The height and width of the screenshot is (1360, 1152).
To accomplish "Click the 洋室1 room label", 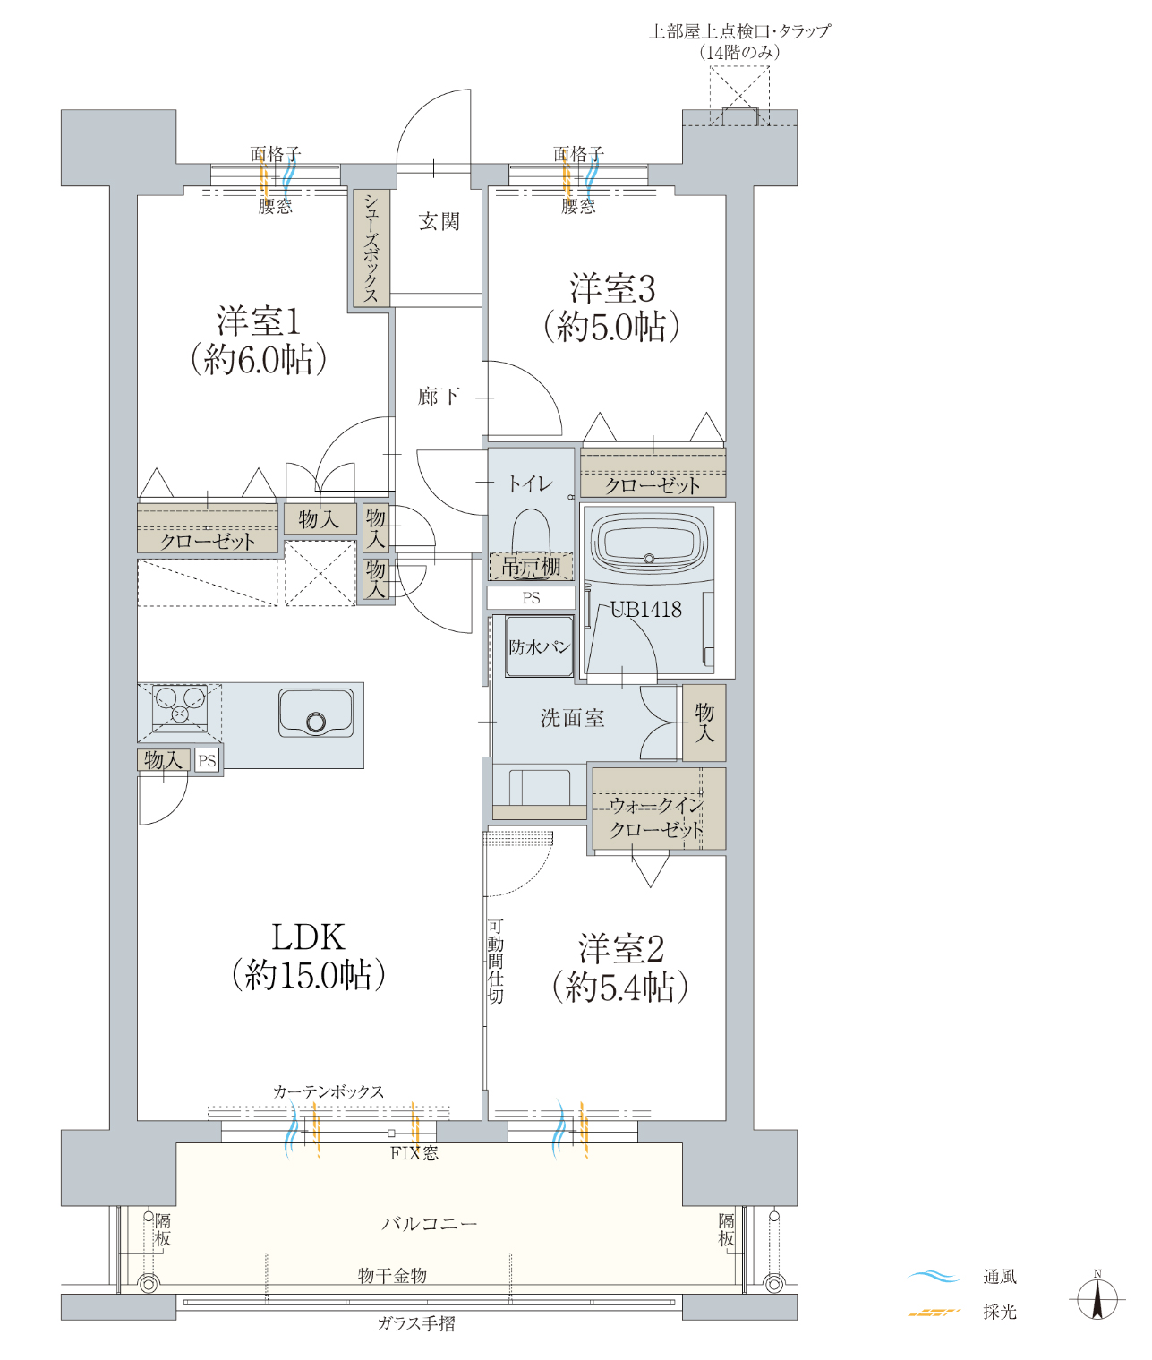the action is pos(259,321).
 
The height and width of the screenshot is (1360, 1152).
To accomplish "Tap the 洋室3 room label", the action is pos(612,288).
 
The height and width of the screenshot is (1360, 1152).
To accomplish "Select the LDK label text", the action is pos(308,937).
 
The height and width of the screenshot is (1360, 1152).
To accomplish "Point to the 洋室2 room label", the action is pos(621,948).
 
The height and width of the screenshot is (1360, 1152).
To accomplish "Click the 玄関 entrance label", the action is pos(439,221).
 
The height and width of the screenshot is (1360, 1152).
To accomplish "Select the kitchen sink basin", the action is pos(316,714).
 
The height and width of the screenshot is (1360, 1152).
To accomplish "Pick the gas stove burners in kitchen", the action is pos(180,706).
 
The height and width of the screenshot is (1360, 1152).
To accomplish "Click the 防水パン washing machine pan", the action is pos(539,646).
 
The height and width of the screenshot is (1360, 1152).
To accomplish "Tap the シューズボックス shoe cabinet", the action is pos(371,248).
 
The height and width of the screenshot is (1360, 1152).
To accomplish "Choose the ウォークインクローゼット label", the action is pos(657,817).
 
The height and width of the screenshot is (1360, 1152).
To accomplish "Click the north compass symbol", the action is pos(1097,1299).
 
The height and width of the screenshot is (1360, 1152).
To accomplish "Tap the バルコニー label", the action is pos(430,1224).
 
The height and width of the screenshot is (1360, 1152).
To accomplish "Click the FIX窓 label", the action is pos(414,1153).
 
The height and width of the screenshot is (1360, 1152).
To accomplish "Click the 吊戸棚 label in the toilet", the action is pos(531,566).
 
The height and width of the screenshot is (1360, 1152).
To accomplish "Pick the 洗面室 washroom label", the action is pos(572,718).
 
